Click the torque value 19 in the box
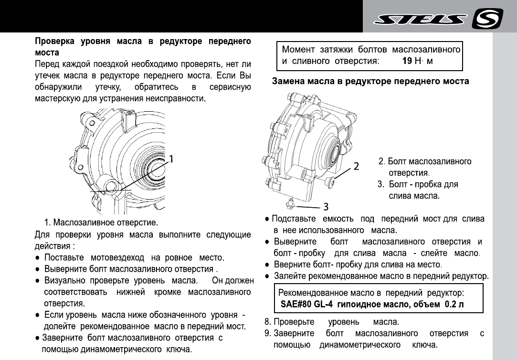(x=407, y=61)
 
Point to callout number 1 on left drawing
(x=170, y=158)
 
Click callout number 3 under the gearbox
(x=326, y=207)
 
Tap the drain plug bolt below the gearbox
(x=289, y=204)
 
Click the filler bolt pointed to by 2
(x=331, y=181)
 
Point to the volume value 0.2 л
(x=454, y=304)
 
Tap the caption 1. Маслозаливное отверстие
(x=101, y=222)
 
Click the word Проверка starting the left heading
(x=53, y=42)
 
